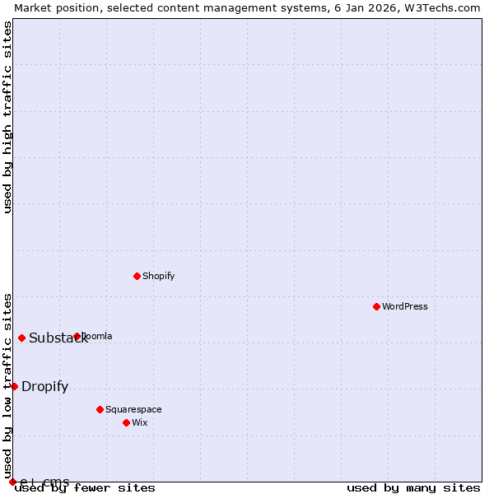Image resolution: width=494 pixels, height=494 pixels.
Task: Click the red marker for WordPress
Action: [376, 306]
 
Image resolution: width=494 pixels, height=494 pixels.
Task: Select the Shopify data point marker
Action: [137, 276]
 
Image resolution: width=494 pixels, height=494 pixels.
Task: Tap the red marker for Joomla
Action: [77, 336]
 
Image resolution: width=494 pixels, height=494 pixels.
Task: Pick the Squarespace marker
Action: [100, 409]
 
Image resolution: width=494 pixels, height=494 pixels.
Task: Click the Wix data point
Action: [126, 422]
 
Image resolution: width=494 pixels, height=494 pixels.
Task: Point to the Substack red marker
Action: [21, 338]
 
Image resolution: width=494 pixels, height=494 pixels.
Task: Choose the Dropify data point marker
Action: [14, 386]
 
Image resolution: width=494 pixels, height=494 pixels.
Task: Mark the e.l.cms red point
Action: [12, 482]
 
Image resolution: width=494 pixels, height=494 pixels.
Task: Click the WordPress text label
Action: [405, 306]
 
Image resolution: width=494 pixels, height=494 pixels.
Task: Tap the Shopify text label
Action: [159, 276]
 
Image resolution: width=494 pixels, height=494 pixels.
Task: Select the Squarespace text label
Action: [133, 409]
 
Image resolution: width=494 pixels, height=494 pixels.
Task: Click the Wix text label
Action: [140, 422]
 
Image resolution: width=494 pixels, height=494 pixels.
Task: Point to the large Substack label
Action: [58, 338]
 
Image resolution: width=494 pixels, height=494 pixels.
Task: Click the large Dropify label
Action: [45, 387]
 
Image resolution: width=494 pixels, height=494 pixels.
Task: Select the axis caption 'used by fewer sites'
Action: [86, 488]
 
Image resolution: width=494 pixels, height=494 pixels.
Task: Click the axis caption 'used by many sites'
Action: [413, 488]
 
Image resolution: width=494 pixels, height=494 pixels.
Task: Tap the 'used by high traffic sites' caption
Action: [7, 117]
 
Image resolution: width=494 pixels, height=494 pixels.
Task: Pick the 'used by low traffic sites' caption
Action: [7, 379]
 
